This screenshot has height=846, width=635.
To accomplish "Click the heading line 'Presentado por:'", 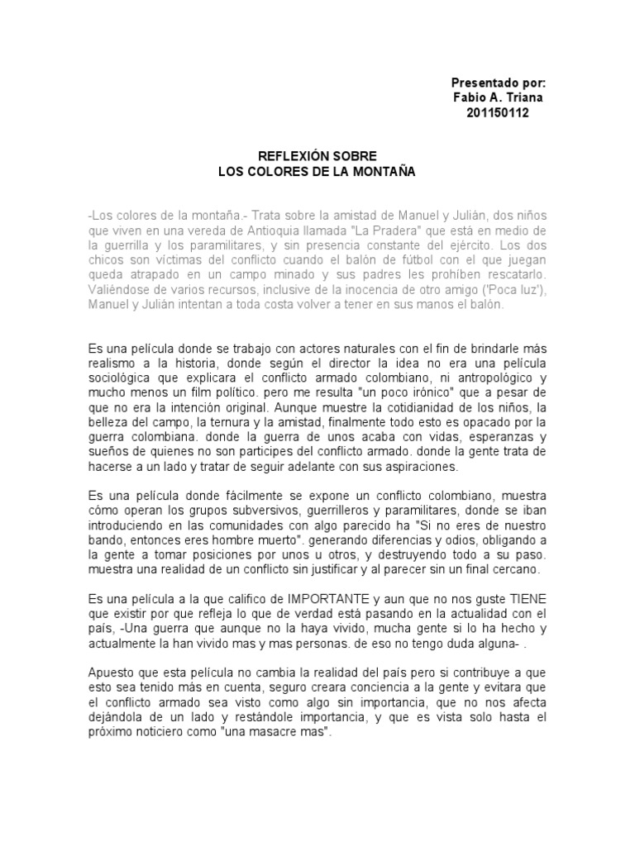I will tap(499, 83).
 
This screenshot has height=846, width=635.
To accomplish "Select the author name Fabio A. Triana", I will tap(499, 98).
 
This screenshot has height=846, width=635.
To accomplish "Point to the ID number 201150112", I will tap(499, 113).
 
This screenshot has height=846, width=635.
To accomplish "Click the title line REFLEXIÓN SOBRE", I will tap(317, 156).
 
